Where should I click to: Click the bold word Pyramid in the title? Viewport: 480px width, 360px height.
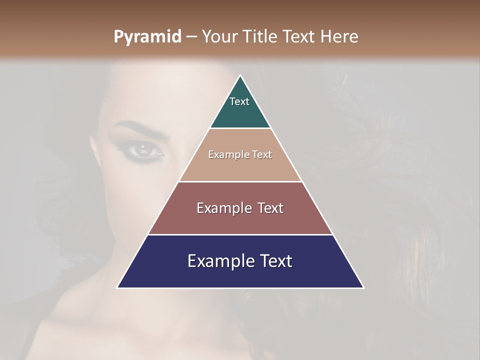147,37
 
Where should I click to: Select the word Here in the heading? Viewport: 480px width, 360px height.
339,37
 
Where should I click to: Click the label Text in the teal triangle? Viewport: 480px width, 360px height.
239,101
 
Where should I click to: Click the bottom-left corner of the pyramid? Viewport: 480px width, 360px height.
117,287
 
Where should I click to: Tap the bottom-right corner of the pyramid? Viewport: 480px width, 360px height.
363,287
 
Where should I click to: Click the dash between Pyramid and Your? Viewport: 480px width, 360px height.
191,37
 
